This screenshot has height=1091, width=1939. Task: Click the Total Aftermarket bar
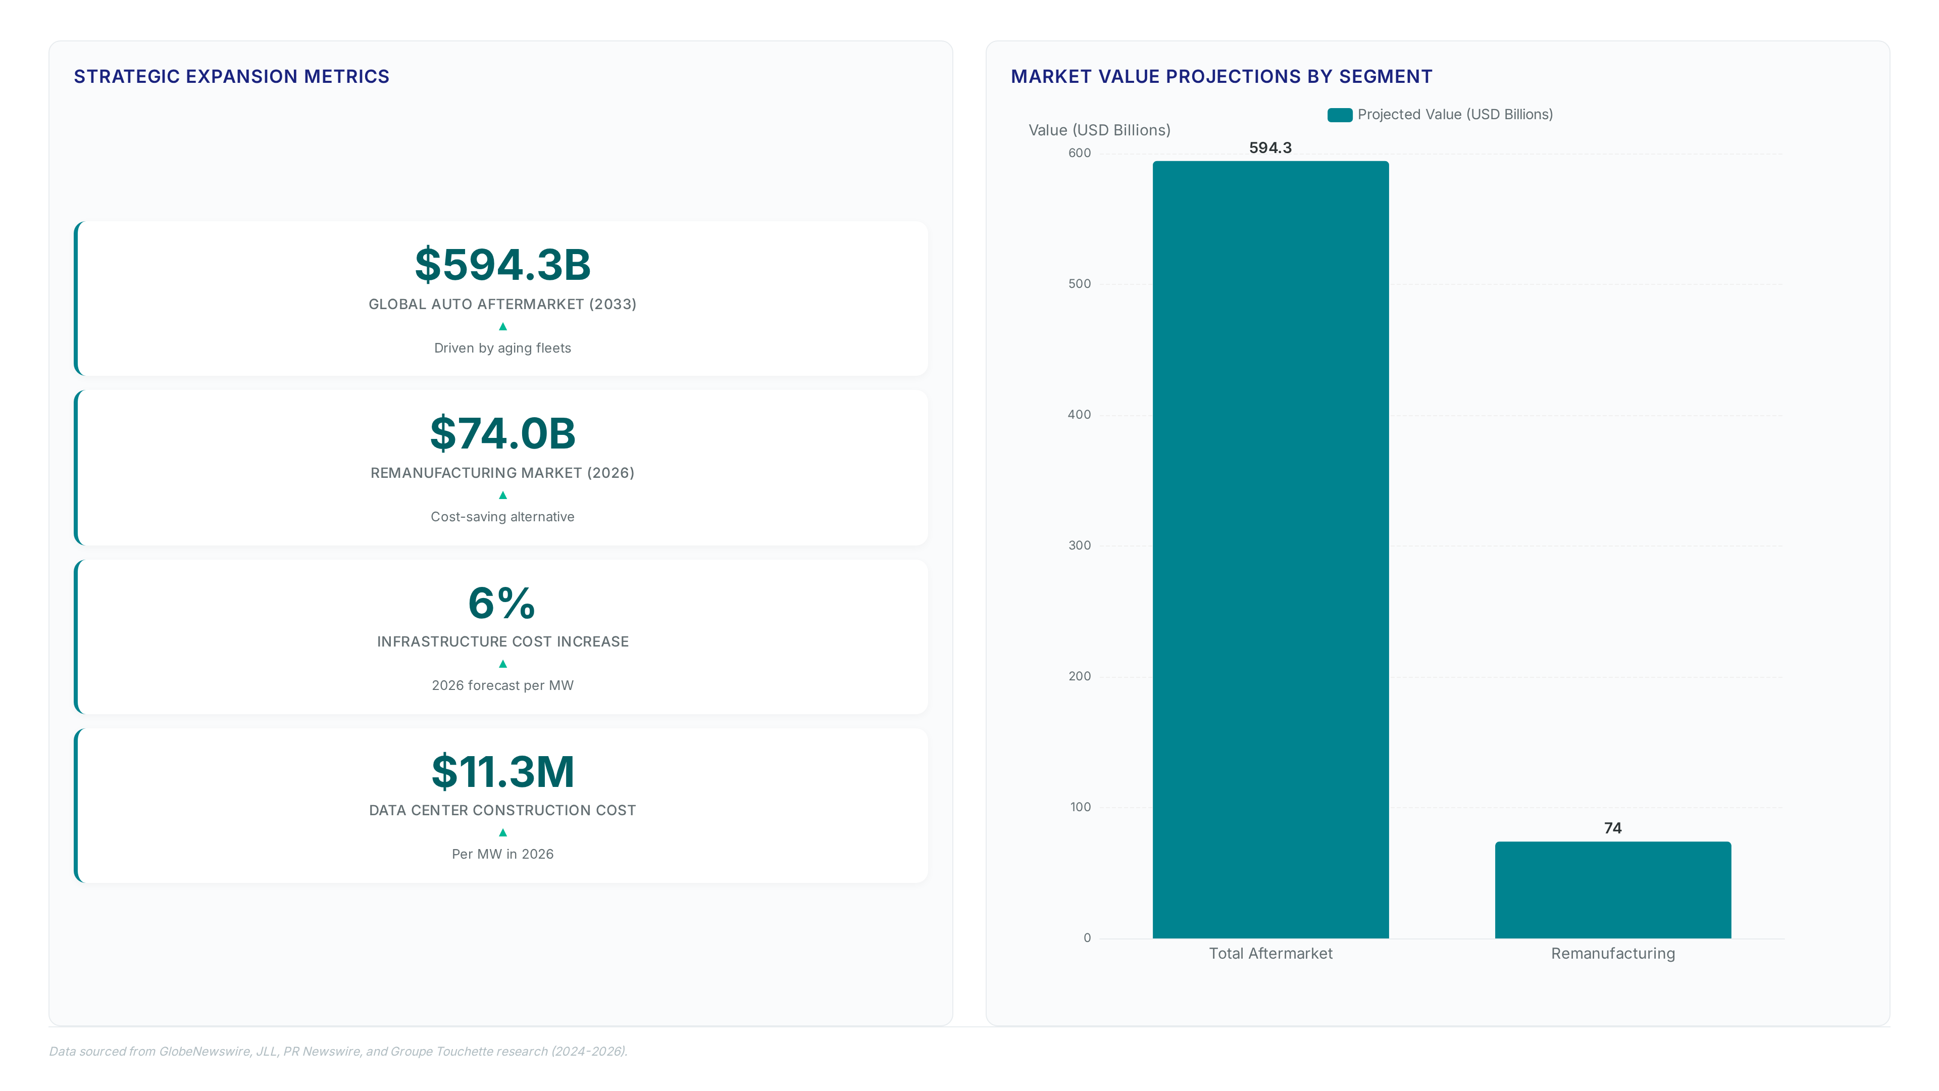pyautogui.click(x=1270, y=550)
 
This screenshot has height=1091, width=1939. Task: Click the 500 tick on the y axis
pyautogui.click(x=1080, y=284)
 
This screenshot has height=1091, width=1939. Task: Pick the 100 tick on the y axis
pyautogui.click(x=1080, y=807)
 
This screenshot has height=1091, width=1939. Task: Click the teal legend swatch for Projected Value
pyautogui.click(x=1340, y=115)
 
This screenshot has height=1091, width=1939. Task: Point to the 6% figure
pyautogui.click(x=502, y=603)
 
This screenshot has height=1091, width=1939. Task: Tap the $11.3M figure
pyautogui.click(x=503, y=772)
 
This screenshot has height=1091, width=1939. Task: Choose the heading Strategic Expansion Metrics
pyautogui.click(x=232, y=77)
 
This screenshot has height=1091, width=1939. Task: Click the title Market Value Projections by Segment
pyautogui.click(x=1221, y=77)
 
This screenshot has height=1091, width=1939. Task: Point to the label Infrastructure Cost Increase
pyautogui.click(x=503, y=641)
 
